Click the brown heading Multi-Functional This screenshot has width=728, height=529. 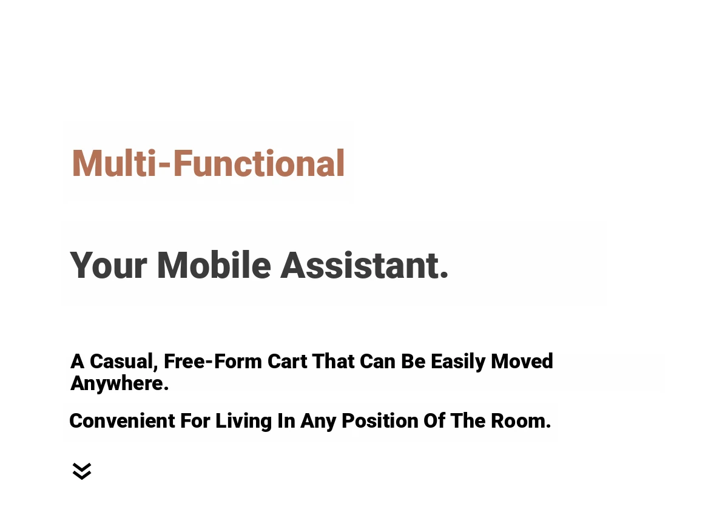point(208,163)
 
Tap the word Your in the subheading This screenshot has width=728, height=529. point(109,265)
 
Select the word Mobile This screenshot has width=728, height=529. point(214,264)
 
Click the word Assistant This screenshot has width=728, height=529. point(365,265)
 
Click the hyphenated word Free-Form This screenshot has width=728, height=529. point(213,361)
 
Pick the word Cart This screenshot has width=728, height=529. point(288,361)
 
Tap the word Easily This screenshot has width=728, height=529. point(458,362)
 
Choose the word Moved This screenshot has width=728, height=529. point(522,361)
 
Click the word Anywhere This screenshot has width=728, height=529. point(120,384)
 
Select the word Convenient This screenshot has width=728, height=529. point(123,421)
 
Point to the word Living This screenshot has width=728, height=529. point(243,422)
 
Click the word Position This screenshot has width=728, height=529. point(380,421)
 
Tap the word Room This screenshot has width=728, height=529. point(521,421)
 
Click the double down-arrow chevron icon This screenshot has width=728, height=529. point(82,471)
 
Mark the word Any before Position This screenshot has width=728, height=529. point(318,422)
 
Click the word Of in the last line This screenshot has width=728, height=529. point(434,421)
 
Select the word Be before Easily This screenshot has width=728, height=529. point(413,361)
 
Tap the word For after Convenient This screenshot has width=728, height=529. point(195,421)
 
